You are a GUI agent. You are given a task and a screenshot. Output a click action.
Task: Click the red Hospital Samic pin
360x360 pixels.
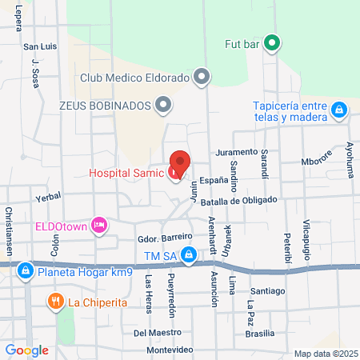click(x=180, y=163)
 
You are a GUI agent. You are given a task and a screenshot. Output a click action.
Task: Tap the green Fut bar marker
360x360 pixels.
click(x=271, y=43)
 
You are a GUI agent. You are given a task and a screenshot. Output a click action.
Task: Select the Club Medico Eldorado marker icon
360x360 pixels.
click(x=202, y=78)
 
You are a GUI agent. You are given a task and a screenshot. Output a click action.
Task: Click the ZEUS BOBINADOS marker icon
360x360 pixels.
click(x=164, y=104)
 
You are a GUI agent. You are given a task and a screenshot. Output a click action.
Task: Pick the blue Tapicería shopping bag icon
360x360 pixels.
click(x=339, y=109)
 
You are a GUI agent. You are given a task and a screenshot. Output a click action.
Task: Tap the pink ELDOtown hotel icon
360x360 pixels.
click(x=99, y=226)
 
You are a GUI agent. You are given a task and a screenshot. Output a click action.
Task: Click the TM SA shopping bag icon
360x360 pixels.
click(x=189, y=255)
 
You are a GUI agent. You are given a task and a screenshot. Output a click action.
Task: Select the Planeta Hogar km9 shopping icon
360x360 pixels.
click(x=25, y=271)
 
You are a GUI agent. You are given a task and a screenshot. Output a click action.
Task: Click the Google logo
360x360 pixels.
click(x=26, y=350)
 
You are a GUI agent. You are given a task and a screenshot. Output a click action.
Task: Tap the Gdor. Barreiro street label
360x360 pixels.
click(x=166, y=238)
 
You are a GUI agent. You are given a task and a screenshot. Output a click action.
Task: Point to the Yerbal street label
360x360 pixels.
click(x=48, y=196)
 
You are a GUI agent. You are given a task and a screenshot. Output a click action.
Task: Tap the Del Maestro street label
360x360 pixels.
click(x=153, y=332)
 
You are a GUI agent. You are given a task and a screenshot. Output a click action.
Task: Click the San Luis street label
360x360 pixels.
click(x=41, y=46)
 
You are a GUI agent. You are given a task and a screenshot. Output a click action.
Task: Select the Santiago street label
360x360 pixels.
click(x=267, y=291)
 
